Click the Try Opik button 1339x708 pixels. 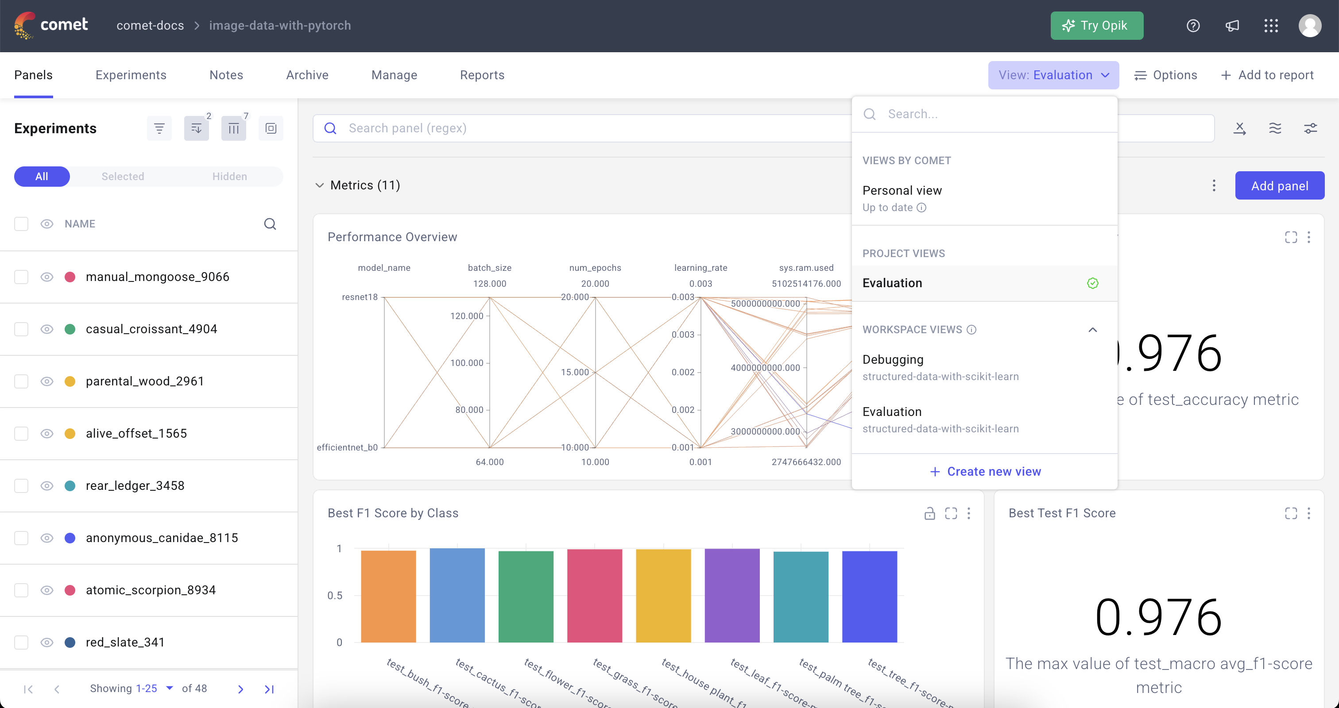[1096, 26]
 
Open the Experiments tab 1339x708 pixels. [131, 75]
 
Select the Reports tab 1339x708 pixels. [482, 75]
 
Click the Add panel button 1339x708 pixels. [1279, 186]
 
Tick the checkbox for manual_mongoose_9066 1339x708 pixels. [21, 277]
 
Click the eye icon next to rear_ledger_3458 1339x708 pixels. [47, 486]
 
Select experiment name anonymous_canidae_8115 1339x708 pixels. [162, 538]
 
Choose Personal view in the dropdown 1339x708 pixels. [902, 191]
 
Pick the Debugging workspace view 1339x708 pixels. [893, 359]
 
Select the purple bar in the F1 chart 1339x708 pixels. [732, 596]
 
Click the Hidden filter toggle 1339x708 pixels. [229, 177]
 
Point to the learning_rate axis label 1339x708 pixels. [700, 268]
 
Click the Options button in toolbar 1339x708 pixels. [1165, 75]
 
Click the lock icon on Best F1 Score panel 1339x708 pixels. [929, 513]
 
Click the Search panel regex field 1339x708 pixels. [572, 128]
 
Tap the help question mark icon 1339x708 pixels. [1193, 26]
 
